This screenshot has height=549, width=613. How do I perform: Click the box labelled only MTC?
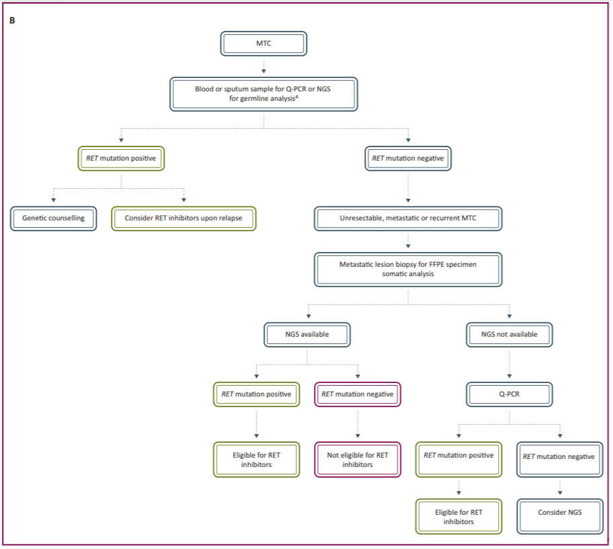click(x=263, y=44)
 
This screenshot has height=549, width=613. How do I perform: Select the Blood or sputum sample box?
click(x=263, y=93)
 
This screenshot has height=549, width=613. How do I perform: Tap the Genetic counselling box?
click(x=53, y=218)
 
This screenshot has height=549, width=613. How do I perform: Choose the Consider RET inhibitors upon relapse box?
click(x=183, y=218)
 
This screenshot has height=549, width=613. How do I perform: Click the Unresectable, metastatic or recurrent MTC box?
click(x=407, y=218)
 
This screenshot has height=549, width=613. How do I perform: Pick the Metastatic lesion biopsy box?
click(x=408, y=269)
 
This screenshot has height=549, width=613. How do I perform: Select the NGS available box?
click(x=306, y=334)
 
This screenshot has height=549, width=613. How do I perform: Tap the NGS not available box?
click(x=509, y=334)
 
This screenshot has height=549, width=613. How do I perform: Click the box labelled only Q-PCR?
click(x=509, y=394)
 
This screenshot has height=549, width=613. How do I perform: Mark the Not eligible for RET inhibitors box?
click(x=358, y=460)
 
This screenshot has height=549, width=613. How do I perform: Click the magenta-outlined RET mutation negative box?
click(x=358, y=394)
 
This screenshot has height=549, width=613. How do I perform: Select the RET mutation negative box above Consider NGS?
click(x=559, y=457)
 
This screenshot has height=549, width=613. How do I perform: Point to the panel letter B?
click(x=12, y=20)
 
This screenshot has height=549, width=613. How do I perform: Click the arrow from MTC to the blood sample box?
click(x=263, y=66)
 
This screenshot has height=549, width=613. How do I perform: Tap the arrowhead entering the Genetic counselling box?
click(x=53, y=199)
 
